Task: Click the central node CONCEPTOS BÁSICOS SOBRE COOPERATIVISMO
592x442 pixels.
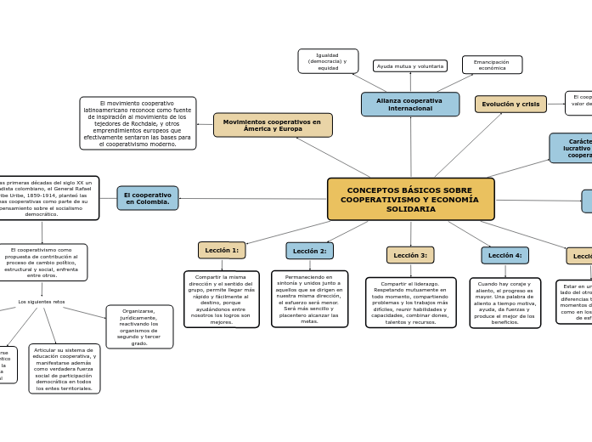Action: tap(410, 199)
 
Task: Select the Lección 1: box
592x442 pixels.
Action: tap(222, 250)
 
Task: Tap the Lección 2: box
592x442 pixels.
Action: tap(309, 251)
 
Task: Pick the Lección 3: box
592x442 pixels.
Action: tap(410, 255)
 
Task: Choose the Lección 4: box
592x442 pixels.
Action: tap(505, 255)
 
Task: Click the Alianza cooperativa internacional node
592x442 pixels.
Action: tap(409, 105)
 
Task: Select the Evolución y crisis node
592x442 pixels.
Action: tap(510, 104)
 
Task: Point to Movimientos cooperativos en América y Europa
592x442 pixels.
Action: tap(273, 125)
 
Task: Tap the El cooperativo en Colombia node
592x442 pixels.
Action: tap(148, 198)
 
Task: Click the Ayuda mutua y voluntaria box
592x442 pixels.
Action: tap(410, 65)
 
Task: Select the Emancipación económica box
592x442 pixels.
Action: tap(492, 65)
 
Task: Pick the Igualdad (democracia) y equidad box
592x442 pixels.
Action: tap(328, 61)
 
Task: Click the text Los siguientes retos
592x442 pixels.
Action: tap(42, 302)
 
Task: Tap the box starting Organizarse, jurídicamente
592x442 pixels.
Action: tap(139, 326)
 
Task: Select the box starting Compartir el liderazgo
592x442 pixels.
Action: tap(410, 302)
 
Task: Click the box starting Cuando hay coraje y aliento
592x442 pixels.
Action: tap(505, 303)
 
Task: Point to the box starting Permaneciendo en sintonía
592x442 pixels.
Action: tap(309, 298)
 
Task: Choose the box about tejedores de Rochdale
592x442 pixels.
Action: tap(138, 123)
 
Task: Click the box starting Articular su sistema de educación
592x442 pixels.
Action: tap(65, 368)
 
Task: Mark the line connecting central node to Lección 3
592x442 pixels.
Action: tap(410, 234)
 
